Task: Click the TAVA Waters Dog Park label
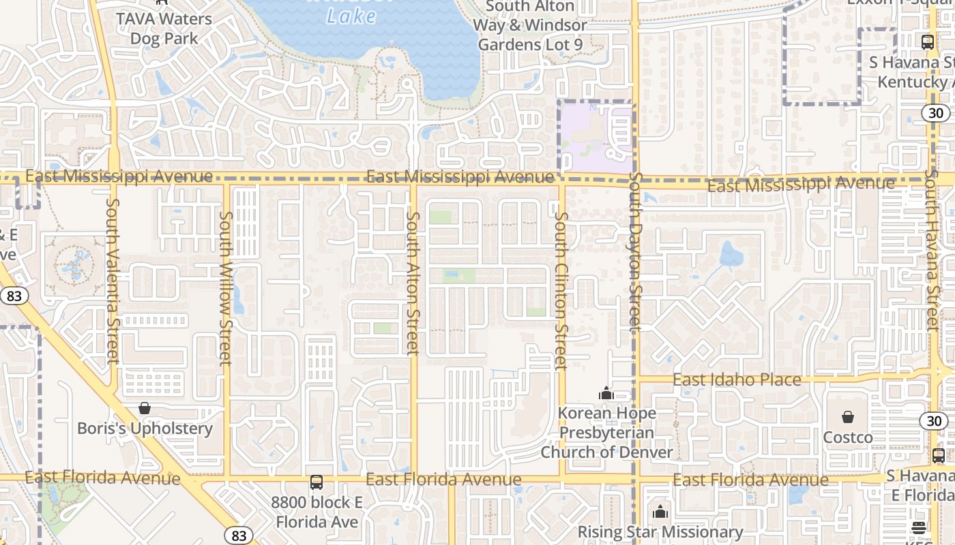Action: [164, 29]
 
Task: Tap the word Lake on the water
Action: [351, 16]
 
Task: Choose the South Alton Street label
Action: [413, 283]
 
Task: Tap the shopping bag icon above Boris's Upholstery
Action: [145, 409]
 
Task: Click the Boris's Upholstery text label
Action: [145, 429]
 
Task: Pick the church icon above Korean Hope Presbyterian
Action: [606, 393]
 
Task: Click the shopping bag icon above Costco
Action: [848, 417]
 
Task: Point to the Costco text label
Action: [848, 437]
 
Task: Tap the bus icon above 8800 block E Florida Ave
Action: [316, 482]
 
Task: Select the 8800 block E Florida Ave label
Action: [316, 512]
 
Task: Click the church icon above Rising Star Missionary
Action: [660, 512]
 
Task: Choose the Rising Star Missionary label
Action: [660, 531]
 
